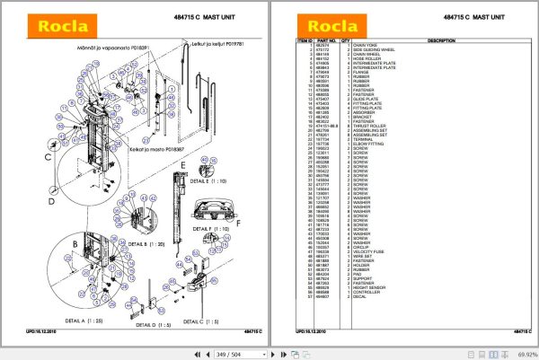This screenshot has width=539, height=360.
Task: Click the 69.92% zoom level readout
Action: tap(523, 353)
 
